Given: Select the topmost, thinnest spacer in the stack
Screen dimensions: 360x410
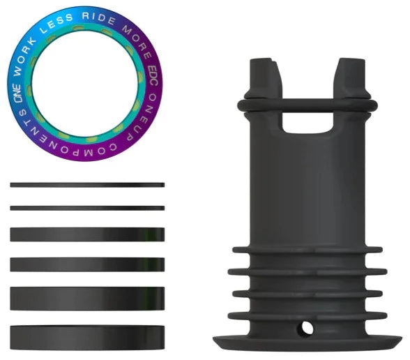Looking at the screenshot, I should (87, 185).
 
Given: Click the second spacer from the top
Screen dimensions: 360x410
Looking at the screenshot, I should (87, 208).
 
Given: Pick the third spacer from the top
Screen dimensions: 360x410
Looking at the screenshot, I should (87, 234).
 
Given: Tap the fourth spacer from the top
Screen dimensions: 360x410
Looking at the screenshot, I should (87, 264).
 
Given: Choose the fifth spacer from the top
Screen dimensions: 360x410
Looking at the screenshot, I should (87, 298).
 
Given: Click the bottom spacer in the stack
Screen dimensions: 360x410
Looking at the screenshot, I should (87, 335).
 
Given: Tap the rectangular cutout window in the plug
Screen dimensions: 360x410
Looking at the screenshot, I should (307, 122).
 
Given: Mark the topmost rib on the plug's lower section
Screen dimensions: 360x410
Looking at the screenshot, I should (307, 250).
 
